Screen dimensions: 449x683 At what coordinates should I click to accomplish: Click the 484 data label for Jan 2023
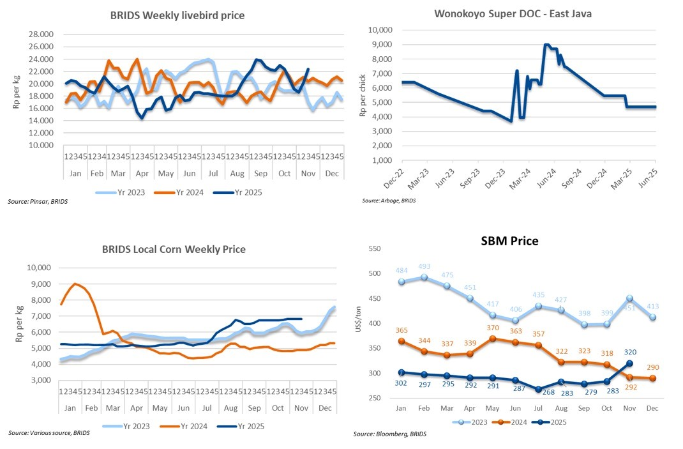(402, 271)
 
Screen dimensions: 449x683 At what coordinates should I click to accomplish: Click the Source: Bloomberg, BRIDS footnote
(390, 434)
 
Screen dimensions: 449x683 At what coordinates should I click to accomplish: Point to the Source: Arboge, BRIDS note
(389, 201)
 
